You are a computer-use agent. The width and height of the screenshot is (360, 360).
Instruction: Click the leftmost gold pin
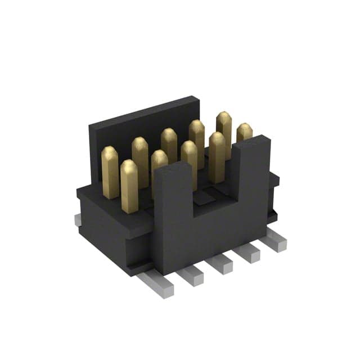pos(110,172)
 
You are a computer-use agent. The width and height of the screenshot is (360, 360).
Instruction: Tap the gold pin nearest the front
pos(129,186)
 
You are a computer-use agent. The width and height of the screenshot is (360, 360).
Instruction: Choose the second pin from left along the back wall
pos(140,160)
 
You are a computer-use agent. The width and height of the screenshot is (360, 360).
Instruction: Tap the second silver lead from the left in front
pos(191,276)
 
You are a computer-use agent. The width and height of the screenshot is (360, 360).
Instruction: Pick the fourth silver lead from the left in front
pos(248,253)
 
